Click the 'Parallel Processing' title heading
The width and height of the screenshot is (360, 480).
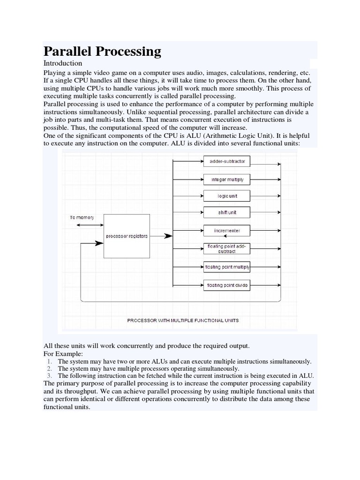(x=102, y=51)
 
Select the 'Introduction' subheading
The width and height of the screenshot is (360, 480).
(x=63, y=63)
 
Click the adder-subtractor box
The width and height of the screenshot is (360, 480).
(x=227, y=162)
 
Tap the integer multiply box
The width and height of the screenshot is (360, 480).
(x=227, y=180)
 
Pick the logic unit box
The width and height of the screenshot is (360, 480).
(x=227, y=196)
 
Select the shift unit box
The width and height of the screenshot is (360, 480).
(x=227, y=212)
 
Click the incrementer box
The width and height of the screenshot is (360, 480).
(x=227, y=231)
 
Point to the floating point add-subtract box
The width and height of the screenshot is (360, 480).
(x=227, y=248)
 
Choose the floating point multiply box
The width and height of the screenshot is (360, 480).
(x=227, y=267)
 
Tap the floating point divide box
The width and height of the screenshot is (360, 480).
(x=227, y=285)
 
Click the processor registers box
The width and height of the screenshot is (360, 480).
(x=127, y=236)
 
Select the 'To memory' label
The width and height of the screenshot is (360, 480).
(x=82, y=217)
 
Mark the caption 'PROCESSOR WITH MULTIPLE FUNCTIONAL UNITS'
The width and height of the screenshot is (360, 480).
(x=183, y=321)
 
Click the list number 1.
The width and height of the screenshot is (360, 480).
(x=49, y=361)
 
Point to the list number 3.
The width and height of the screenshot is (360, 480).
(x=49, y=375)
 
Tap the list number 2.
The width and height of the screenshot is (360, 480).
(x=49, y=368)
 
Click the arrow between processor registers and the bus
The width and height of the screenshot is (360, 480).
(x=162, y=236)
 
